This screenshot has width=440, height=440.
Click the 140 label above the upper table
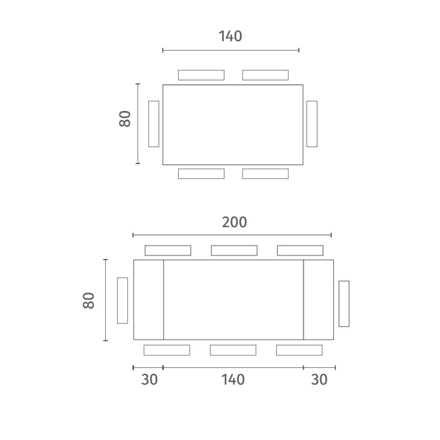(x=230, y=36)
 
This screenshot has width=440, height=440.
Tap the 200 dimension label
(x=234, y=222)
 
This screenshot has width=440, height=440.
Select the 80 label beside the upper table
(x=125, y=119)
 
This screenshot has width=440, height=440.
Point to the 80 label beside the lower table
(x=89, y=300)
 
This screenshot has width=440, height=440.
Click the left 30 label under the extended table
(x=149, y=380)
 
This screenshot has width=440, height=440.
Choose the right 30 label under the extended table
(x=319, y=380)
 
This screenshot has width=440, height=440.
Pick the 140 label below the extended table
(x=233, y=380)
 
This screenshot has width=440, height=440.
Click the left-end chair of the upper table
(x=154, y=124)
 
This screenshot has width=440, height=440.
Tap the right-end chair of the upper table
(x=312, y=124)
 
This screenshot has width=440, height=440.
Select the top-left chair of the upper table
(x=201, y=75)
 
